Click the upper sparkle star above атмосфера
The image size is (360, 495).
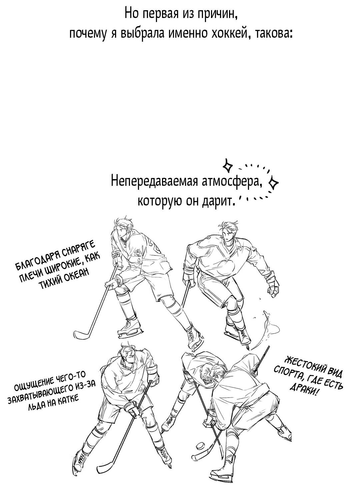coord(228,165)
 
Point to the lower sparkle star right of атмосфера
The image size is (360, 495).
coord(274,182)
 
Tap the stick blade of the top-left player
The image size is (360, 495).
coord(82,334)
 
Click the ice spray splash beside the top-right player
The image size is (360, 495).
coord(267,325)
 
